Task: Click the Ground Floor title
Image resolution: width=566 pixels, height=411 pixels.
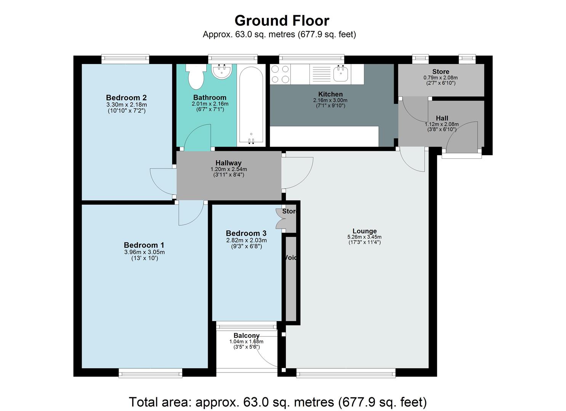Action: pyautogui.click(x=282, y=20)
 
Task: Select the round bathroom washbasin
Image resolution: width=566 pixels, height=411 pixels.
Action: pyautogui.click(x=221, y=72)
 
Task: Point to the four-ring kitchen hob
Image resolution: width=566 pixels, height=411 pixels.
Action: pyautogui.click(x=280, y=74)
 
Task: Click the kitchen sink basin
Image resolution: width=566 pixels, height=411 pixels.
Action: pyautogui.click(x=341, y=73)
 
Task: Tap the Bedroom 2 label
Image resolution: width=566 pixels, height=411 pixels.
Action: pyautogui.click(x=126, y=97)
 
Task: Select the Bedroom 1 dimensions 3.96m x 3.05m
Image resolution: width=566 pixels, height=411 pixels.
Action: pyautogui.click(x=144, y=252)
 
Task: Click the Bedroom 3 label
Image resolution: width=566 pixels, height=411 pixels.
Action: pyautogui.click(x=246, y=233)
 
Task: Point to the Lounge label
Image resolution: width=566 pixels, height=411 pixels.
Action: pyautogui.click(x=364, y=231)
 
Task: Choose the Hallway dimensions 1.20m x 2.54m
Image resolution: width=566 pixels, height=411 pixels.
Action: pyautogui.click(x=228, y=169)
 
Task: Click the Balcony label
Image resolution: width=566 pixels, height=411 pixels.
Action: pyautogui.click(x=247, y=335)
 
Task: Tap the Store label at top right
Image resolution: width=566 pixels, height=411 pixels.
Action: pyautogui.click(x=441, y=72)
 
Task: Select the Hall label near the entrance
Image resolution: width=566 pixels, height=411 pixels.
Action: pyautogui.click(x=442, y=118)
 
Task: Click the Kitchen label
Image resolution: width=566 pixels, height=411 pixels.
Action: pyautogui.click(x=330, y=94)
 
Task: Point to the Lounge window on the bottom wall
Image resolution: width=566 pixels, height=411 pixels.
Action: pyautogui.click(x=346, y=373)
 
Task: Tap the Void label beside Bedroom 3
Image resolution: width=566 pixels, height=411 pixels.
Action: pyautogui.click(x=290, y=258)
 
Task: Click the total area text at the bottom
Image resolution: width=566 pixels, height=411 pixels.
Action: pyautogui.click(x=277, y=402)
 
